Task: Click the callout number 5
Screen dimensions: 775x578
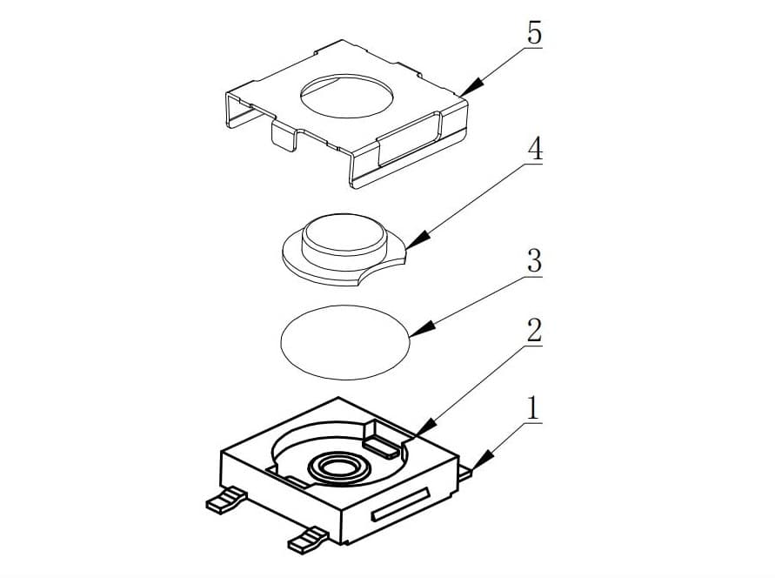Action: pos(534,34)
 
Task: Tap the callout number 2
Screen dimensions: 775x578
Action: pos(534,331)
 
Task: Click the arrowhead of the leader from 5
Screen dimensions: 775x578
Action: pos(470,88)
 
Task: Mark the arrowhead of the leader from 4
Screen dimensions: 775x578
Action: pos(418,239)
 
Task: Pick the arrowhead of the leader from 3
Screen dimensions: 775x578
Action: pos(422,329)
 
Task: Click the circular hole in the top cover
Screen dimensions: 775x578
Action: pos(347,97)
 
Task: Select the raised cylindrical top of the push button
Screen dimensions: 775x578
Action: pos(344,234)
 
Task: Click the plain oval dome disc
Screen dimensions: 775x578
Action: pos(345,342)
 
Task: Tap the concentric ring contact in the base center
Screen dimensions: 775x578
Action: pos(338,467)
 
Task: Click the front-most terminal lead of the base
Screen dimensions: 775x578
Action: pos(308,540)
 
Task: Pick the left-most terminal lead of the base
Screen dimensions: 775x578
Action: pos(225,500)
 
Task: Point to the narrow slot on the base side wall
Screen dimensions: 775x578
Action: pos(400,503)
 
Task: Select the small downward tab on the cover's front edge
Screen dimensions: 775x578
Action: pos(284,136)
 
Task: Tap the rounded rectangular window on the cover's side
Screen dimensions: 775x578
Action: pos(410,139)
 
